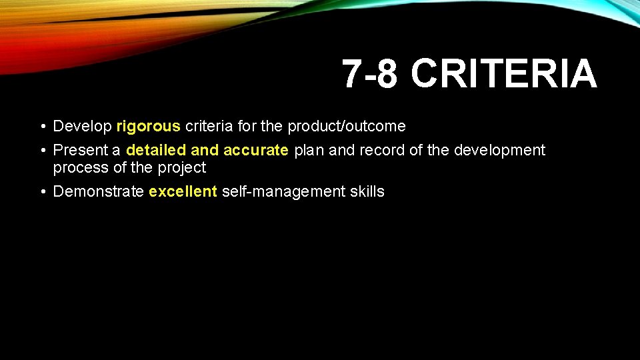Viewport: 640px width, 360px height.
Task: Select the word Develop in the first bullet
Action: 82,127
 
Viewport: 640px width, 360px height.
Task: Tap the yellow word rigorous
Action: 148,127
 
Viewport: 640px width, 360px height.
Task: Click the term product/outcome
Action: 346,126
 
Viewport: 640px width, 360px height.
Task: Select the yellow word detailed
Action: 157,150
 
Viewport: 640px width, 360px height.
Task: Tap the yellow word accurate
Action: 255,150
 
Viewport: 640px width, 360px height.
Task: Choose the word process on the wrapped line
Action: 80,167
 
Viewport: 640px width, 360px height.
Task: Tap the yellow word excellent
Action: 183,192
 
